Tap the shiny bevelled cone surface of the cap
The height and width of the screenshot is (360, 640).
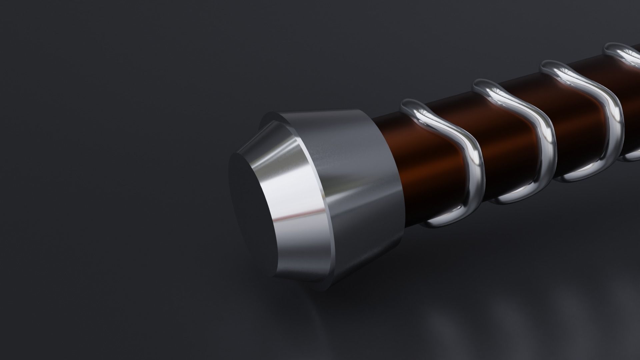point(293,187)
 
